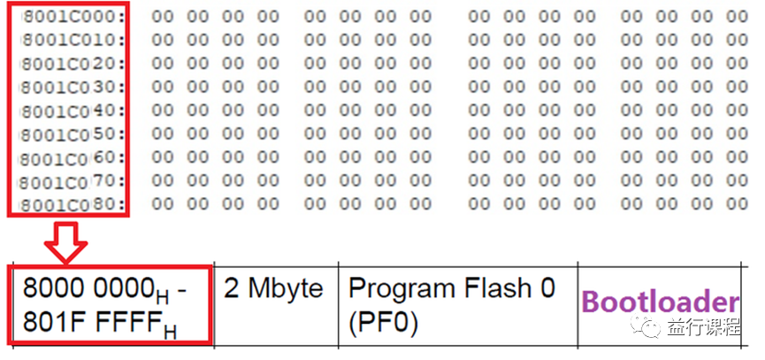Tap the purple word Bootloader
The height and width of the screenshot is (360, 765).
click(x=660, y=301)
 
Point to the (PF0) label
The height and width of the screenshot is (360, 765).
click(x=383, y=321)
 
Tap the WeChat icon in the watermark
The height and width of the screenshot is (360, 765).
click(x=653, y=328)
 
